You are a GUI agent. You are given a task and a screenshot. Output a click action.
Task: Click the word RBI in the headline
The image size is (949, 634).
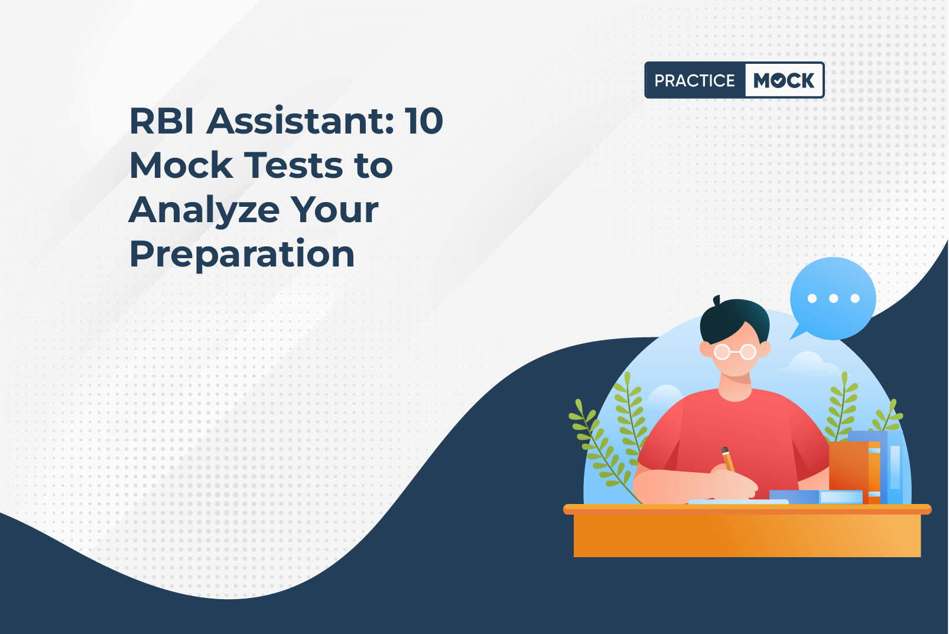[161, 121]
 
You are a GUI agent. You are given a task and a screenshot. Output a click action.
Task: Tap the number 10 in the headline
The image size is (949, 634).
[423, 121]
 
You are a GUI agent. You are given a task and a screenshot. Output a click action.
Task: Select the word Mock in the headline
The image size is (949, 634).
[181, 165]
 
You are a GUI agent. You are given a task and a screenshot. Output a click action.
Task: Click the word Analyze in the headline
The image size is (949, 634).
[204, 210]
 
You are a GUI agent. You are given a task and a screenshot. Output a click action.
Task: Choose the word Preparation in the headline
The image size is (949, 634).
[242, 254]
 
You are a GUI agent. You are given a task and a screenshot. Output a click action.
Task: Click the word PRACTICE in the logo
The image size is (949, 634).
[694, 80]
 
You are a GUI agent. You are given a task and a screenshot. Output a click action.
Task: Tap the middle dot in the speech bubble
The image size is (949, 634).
[833, 298]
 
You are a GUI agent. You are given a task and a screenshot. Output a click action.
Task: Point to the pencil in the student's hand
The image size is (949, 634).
[728, 459]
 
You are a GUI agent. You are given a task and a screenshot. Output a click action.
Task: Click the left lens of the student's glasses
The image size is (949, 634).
[722, 352]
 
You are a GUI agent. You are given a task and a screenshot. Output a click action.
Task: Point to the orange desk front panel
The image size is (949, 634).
[747, 536]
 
